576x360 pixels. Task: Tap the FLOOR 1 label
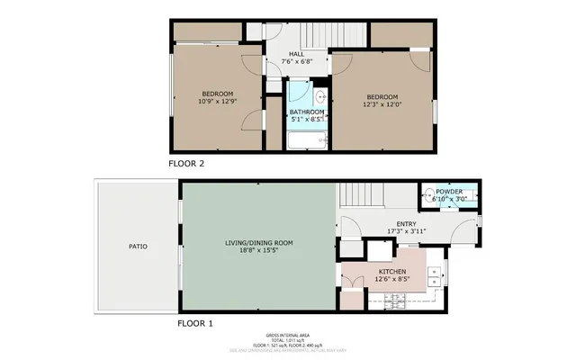tap(195, 322)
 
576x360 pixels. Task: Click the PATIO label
tap(138, 246)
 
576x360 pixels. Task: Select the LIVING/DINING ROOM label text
tap(258, 242)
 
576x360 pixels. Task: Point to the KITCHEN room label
tap(391, 271)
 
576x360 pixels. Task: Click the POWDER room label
tap(449, 192)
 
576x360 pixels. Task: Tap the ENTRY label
tap(406, 223)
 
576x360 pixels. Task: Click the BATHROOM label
tap(306, 112)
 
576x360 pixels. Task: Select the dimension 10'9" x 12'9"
tap(217, 102)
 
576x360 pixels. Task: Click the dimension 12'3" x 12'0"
tap(384, 104)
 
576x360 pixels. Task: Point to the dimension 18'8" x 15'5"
tap(258, 250)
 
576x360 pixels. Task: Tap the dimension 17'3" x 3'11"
tap(406, 231)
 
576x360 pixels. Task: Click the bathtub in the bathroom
tap(307, 139)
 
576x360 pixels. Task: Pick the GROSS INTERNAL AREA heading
tap(287, 333)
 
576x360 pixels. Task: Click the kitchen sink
tap(436, 274)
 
